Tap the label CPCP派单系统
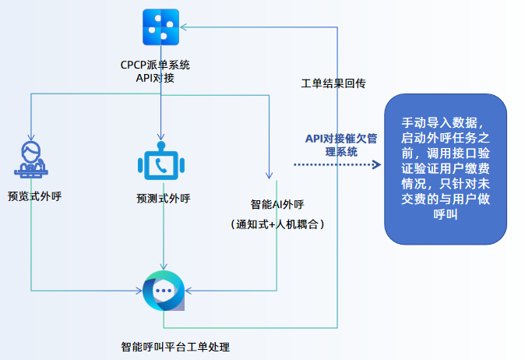[160, 65]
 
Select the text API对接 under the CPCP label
[160, 78]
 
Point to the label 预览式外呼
[34, 196]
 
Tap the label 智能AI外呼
[277, 205]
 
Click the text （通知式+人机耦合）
[277, 224]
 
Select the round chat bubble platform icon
[163, 291]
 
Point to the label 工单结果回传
[333, 82]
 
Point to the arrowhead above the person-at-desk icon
[30, 134]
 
